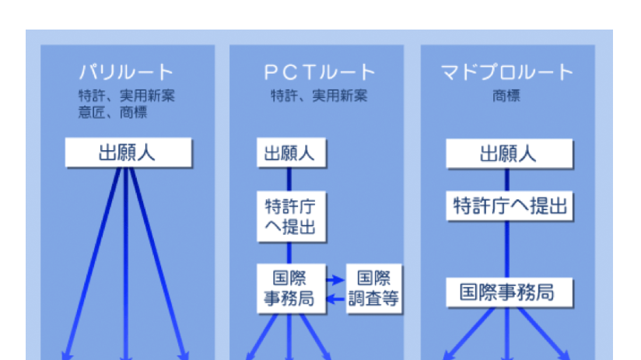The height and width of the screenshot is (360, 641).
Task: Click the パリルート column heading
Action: point(127,72)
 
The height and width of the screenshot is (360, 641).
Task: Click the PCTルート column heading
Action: point(320,72)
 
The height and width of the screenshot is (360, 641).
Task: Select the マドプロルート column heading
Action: point(507,72)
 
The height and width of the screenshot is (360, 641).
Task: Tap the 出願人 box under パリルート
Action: point(128,152)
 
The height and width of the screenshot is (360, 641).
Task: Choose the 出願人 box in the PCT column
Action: point(291,152)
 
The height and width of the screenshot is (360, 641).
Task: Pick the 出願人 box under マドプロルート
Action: point(510,154)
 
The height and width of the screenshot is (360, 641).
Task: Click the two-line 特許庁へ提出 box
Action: point(291,217)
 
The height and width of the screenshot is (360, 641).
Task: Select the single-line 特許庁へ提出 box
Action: point(510,206)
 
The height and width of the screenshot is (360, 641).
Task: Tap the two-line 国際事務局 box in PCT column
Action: point(291,288)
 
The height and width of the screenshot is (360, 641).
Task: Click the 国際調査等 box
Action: point(373,288)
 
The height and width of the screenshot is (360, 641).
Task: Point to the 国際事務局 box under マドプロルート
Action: point(510,292)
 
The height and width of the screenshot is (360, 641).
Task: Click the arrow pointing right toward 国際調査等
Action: point(335,280)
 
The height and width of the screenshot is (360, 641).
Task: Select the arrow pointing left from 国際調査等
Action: point(336,299)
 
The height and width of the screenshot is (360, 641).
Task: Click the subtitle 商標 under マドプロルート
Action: point(506,96)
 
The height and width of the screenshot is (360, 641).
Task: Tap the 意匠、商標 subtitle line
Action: point(113,112)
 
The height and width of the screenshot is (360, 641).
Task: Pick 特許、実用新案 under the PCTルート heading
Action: point(319,96)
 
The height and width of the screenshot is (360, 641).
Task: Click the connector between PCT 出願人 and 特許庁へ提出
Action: point(289,179)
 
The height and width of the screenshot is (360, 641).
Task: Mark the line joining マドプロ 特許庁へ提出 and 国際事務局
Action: point(507,250)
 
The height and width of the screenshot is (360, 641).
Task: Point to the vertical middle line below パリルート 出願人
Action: point(126,264)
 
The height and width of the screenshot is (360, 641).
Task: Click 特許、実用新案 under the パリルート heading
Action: point(127,96)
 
